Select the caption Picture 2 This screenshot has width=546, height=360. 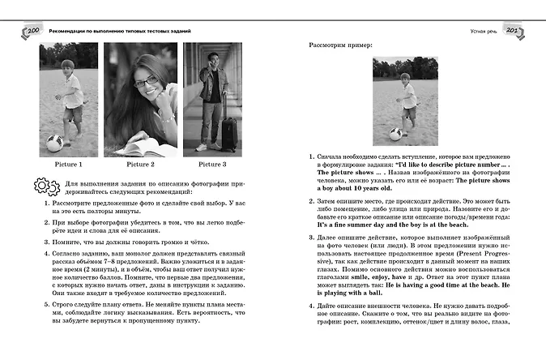tap(141, 165)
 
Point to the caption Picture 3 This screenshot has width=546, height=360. tap(211, 165)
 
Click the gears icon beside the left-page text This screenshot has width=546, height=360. tap(46, 188)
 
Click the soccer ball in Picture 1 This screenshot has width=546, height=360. tap(55, 144)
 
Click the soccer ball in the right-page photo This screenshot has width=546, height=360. tap(396, 135)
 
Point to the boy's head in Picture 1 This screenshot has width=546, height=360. tap(67, 66)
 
